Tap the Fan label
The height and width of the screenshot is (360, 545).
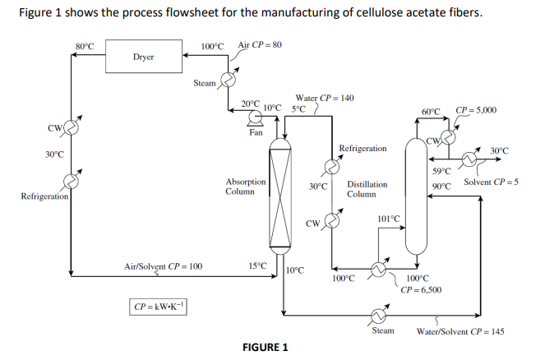click(256, 132)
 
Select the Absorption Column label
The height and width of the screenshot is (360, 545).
click(245, 187)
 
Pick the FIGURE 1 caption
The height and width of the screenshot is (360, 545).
click(265, 346)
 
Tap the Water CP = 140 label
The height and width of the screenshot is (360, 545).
click(324, 98)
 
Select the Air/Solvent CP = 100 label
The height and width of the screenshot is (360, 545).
click(163, 266)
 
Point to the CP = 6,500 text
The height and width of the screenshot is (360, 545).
click(421, 289)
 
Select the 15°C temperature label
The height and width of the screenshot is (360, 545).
click(256, 265)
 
